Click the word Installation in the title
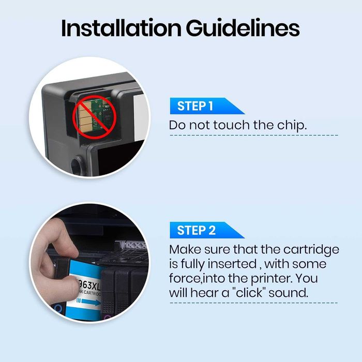[x=121, y=28]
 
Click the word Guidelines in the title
[x=243, y=28]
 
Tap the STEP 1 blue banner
[x=207, y=106]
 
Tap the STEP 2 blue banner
[x=207, y=230]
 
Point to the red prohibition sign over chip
[x=94, y=117]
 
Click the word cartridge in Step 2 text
[x=311, y=250]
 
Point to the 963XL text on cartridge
[x=88, y=286]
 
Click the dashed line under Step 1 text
[x=254, y=135]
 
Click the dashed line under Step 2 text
[x=254, y=303]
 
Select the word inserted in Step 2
[x=232, y=264]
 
